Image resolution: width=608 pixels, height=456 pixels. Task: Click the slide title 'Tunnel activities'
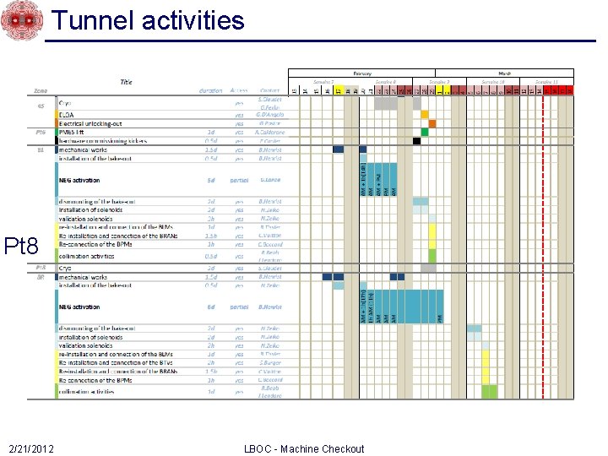click(x=148, y=20)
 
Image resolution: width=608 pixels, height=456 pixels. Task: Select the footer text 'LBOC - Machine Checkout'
click(x=303, y=448)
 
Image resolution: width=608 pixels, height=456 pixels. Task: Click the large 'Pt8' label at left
click(x=22, y=247)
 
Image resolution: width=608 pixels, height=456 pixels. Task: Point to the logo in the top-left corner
click(x=21, y=20)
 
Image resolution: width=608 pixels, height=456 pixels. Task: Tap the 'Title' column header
click(x=126, y=82)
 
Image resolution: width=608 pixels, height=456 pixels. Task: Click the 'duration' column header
click(x=210, y=90)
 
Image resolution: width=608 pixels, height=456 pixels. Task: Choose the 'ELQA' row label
click(x=68, y=114)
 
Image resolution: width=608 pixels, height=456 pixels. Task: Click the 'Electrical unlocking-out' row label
click(x=92, y=123)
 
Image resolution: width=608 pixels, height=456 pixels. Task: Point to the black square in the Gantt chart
click(x=416, y=141)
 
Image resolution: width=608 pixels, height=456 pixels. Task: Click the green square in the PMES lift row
click(x=425, y=132)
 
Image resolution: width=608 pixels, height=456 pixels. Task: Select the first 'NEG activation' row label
click(x=80, y=180)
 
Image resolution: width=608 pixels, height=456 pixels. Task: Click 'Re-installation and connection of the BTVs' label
click(x=115, y=363)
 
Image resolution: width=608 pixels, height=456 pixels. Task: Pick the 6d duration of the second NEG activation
click(x=210, y=307)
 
